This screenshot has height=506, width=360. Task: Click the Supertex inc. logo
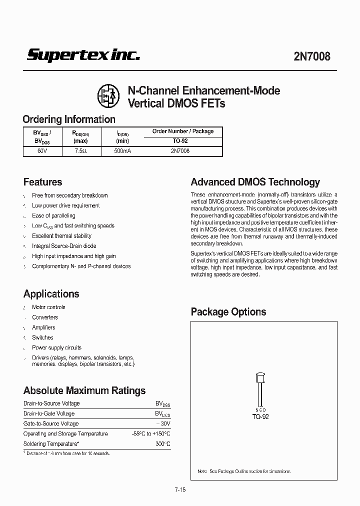(83, 55)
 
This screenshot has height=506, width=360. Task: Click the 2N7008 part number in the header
(312, 56)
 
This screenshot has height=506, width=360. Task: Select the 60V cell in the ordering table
(42, 150)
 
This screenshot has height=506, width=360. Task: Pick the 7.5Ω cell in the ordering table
(81, 150)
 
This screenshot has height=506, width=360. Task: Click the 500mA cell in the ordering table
(122, 150)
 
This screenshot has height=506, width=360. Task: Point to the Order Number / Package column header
(182, 131)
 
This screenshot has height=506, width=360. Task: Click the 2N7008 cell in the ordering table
(180, 150)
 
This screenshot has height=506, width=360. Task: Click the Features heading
(43, 182)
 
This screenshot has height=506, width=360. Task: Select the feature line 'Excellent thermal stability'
(61, 236)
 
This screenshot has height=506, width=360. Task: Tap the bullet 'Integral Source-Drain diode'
(64, 246)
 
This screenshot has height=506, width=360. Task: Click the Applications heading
(51, 294)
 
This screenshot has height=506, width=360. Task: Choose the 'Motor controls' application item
(48, 307)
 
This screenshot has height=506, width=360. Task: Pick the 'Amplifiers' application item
(43, 327)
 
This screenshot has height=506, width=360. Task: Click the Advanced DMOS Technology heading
(255, 182)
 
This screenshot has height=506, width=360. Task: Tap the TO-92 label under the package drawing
(260, 416)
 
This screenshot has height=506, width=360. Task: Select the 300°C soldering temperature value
(162, 444)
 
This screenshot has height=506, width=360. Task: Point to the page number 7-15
(180, 490)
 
